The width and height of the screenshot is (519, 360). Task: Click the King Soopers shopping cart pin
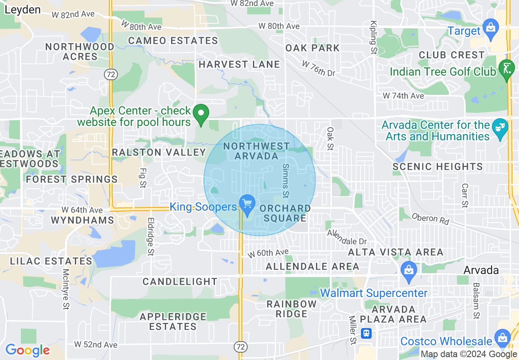click(x=247, y=203)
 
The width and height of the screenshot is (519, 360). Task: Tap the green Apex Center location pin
click(x=201, y=114)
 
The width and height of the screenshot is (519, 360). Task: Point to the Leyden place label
click(x=23, y=10)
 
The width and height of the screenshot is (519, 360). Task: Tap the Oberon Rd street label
click(x=430, y=219)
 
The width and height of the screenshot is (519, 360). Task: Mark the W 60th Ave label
click(x=268, y=253)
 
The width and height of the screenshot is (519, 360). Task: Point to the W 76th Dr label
click(x=318, y=68)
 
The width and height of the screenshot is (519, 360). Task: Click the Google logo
click(x=27, y=350)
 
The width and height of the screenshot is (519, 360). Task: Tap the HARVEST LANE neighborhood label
click(x=239, y=64)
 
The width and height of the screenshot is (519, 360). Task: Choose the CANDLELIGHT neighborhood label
click(x=180, y=281)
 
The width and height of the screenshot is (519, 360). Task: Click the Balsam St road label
click(x=476, y=301)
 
